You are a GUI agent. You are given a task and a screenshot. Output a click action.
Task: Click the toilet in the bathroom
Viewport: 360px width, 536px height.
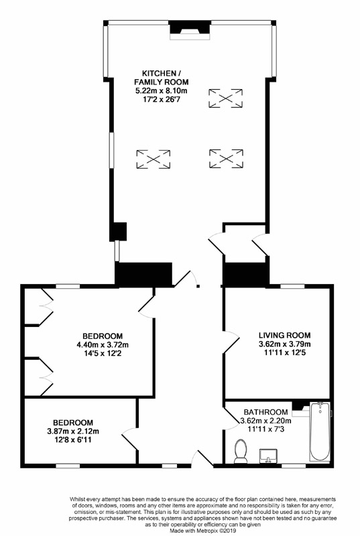tap(241, 451)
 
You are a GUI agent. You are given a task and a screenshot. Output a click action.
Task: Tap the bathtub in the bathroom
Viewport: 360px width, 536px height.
tap(320, 431)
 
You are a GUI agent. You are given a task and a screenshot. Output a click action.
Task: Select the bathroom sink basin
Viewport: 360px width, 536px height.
tap(269, 456)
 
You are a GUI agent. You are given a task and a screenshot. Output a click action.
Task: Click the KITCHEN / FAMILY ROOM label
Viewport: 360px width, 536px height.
tap(161, 78)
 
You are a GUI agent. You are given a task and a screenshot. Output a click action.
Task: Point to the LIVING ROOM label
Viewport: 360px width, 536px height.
tap(284, 336)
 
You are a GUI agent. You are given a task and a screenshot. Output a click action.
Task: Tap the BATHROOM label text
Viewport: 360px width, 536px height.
tap(265, 412)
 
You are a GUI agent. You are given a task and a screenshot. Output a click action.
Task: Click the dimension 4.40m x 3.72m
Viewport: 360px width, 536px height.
tap(103, 344)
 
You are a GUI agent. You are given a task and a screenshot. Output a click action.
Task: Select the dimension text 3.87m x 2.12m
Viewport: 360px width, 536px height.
tap(73, 431)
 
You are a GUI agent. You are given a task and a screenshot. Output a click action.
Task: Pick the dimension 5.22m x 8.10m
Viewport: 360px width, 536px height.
tap(162, 91)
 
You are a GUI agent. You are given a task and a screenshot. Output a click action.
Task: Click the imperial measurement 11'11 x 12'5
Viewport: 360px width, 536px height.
tap(284, 352)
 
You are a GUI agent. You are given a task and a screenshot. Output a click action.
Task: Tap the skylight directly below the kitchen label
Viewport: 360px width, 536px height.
tap(153, 159)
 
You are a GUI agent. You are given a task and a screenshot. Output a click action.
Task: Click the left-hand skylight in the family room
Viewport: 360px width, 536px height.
tap(153, 159)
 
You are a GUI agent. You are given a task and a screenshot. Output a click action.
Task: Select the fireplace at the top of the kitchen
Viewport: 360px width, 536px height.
tap(190, 30)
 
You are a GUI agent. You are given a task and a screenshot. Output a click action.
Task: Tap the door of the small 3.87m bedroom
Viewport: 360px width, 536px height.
tap(130, 440)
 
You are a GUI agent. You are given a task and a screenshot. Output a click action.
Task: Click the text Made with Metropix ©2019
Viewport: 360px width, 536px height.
tap(202, 531)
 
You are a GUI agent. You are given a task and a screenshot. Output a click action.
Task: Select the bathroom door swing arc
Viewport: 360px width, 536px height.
tap(232, 416)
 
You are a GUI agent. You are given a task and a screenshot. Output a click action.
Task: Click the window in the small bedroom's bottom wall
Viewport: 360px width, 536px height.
tap(68, 465)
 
